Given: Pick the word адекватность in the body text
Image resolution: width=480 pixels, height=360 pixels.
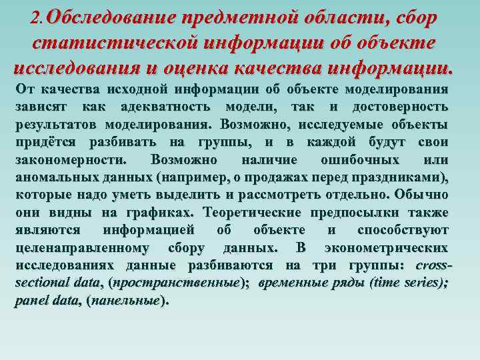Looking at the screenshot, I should coord(169,107).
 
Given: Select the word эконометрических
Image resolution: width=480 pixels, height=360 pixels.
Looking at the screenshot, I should coord(385,247).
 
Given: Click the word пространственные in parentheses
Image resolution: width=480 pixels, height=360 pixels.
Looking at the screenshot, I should coord(176,283).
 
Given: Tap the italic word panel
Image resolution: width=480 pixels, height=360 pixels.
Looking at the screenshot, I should coord(31,301).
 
